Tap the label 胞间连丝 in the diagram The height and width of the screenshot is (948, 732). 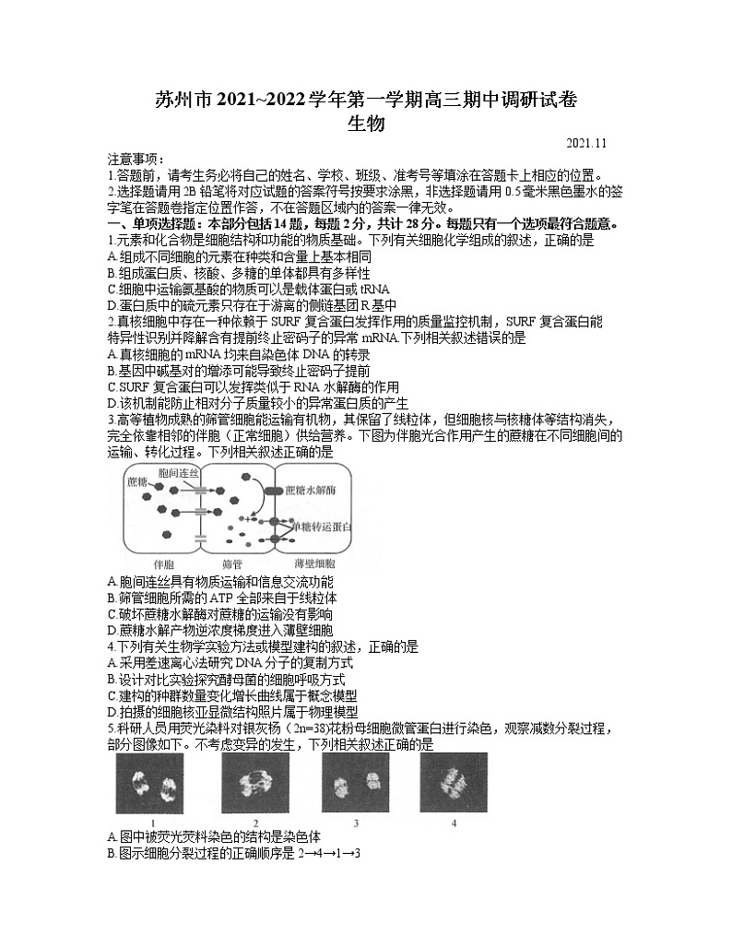coord(179,472)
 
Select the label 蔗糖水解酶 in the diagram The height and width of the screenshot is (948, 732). coord(313,490)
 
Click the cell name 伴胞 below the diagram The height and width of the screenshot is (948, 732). coord(162,562)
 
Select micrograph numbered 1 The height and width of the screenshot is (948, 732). coord(152,783)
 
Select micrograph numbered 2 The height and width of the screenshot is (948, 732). coord(255,783)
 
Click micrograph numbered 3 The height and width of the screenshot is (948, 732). coord(355,783)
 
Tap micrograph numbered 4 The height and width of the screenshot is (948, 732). coord(454,783)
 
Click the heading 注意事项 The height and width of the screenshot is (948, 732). coord(135,160)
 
